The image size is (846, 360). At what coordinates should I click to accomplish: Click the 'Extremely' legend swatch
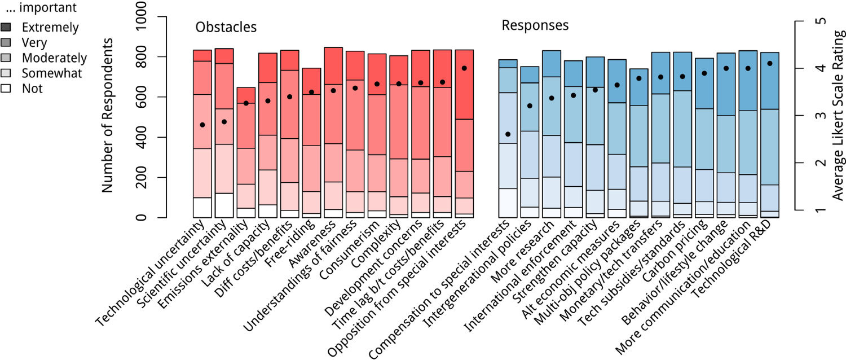(x=6, y=27)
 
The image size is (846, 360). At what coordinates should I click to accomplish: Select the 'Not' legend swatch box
(x=6, y=89)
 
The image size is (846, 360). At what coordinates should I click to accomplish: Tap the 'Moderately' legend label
(x=54, y=58)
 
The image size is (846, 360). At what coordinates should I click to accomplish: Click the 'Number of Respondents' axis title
(x=108, y=116)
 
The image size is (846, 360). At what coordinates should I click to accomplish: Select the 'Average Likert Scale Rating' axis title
(x=838, y=116)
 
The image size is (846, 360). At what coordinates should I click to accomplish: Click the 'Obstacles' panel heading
(x=226, y=27)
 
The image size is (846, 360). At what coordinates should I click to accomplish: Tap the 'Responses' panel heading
(x=535, y=25)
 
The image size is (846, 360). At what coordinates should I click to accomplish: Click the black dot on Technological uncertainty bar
(x=202, y=125)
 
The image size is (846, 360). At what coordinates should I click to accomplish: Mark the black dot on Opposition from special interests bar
(x=464, y=68)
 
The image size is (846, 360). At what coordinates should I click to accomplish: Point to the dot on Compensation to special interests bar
(x=508, y=134)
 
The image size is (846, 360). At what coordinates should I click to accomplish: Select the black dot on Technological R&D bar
(x=770, y=64)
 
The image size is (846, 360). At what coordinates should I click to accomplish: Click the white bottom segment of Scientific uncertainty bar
(x=224, y=205)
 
